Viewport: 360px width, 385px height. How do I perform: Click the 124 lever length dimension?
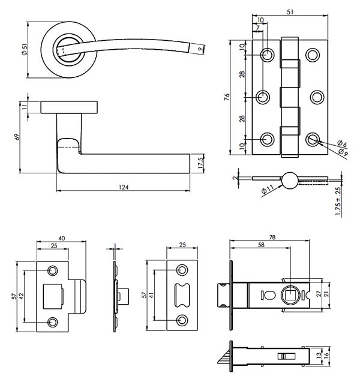[x=124, y=187]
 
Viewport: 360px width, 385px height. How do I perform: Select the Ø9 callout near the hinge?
[x=342, y=152]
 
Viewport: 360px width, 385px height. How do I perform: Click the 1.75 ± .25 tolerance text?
[x=338, y=201]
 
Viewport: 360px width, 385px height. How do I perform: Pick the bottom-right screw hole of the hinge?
[x=312, y=140]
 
